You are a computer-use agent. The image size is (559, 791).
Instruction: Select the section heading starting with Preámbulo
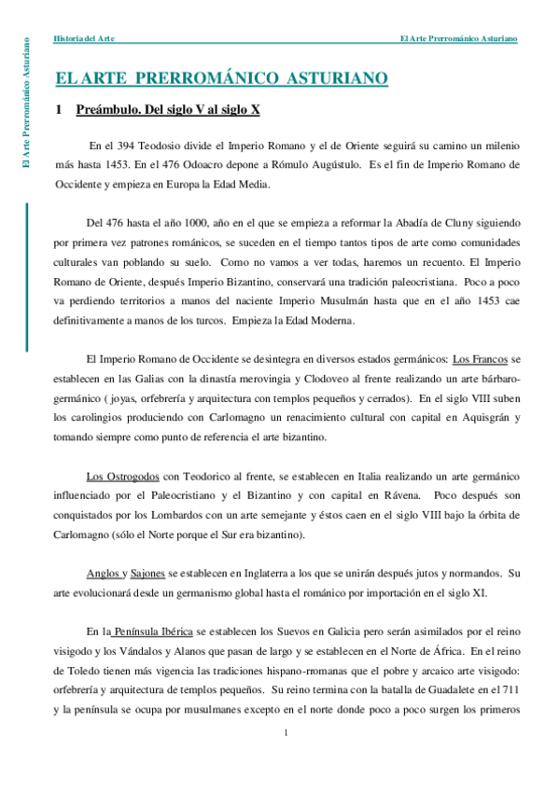pos(168,110)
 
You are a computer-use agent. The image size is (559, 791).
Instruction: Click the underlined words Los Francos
pos(480,359)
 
